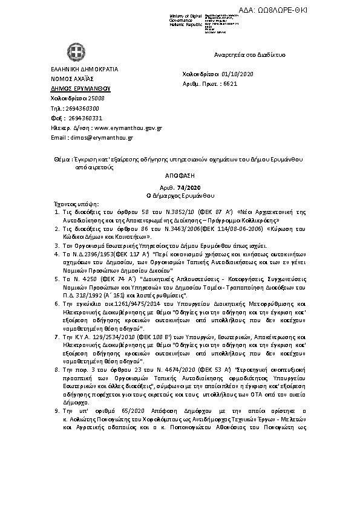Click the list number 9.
(x=56, y=410)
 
